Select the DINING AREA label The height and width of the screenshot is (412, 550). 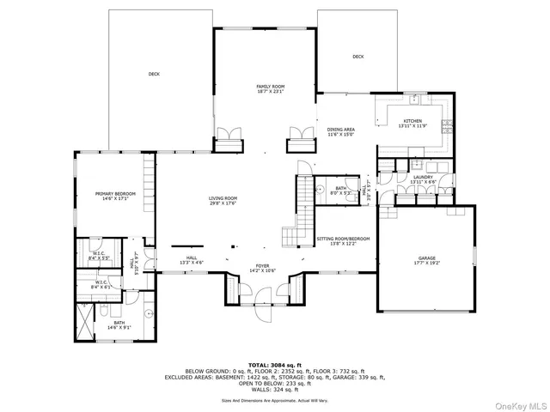(341, 129)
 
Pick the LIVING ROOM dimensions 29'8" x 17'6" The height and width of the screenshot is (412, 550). (223, 203)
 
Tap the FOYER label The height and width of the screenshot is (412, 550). (262, 266)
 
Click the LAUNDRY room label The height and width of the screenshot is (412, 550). (423, 178)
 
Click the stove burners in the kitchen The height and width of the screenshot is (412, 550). (446, 128)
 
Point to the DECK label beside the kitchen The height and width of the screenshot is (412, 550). (357, 57)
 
